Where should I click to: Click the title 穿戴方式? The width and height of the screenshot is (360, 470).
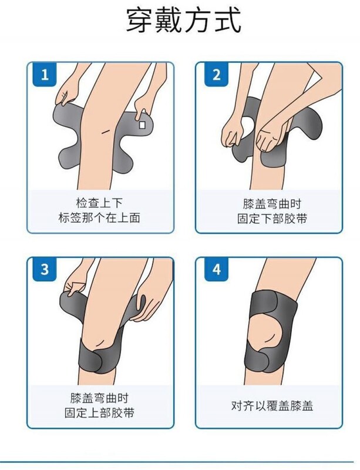click(183, 20)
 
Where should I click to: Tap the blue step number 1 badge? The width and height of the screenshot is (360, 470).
click(45, 75)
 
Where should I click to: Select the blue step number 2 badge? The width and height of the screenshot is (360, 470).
click(217, 75)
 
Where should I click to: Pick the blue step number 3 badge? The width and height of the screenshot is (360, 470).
click(45, 269)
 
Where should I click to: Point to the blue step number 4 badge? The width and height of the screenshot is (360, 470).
click(217, 269)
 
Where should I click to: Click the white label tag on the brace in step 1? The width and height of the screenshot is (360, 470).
click(142, 125)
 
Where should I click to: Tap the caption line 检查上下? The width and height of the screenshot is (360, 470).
click(99, 203)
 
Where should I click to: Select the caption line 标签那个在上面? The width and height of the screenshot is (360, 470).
click(99, 217)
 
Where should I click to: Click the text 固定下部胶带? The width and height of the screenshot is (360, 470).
click(272, 218)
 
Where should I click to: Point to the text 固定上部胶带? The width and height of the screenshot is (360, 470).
click(99, 413)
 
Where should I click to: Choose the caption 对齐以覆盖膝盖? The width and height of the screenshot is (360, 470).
click(272, 406)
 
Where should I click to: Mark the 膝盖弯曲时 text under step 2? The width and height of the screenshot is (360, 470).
click(272, 204)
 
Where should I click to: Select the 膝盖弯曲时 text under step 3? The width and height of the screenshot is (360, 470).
click(99, 398)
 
